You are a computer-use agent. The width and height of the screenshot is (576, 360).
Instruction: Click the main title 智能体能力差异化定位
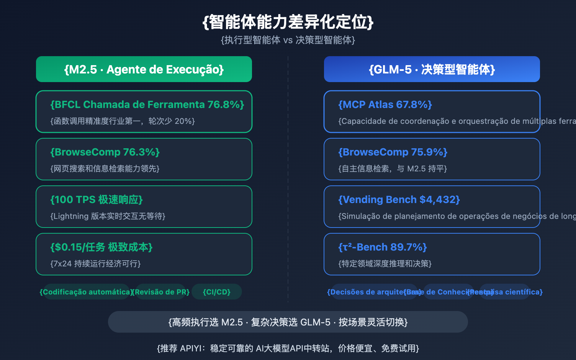(x=288, y=22)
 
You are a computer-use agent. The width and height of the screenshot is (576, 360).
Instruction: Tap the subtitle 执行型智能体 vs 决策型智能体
(x=288, y=40)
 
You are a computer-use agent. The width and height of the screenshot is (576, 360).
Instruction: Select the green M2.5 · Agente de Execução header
(x=144, y=69)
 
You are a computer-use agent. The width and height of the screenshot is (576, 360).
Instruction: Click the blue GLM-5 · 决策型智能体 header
(x=432, y=69)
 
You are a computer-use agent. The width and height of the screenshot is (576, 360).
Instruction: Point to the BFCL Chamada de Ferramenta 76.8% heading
(x=147, y=104)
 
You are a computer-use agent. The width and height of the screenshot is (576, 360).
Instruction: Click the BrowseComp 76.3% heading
(x=105, y=152)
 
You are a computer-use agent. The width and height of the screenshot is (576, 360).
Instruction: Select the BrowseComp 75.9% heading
(x=393, y=152)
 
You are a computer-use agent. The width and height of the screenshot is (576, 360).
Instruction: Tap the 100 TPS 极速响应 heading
(x=96, y=199)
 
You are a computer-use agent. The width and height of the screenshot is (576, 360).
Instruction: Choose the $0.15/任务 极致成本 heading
(x=102, y=247)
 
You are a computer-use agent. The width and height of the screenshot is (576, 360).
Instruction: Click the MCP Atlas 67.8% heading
(x=385, y=104)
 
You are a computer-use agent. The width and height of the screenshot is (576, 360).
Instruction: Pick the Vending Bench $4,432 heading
(x=399, y=199)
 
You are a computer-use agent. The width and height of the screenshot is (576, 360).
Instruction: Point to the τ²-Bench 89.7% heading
(x=383, y=247)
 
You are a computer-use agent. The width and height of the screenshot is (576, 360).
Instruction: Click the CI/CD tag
(x=217, y=292)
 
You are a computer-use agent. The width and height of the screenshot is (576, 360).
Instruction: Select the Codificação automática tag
(x=86, y=292)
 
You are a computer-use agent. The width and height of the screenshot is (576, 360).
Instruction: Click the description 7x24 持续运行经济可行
(x=95, y=264)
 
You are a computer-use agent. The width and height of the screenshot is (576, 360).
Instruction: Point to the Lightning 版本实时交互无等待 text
(x=108, y=216)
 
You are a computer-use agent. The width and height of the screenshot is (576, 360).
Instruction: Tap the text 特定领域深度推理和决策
(x=385, y=264)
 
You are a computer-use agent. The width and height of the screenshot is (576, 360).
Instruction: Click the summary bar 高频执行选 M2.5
(x=288, y=322)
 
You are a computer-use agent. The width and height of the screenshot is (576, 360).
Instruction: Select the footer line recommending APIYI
(x=288, y=348)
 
